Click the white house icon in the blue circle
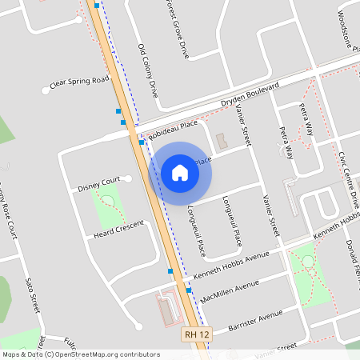[x=180, y=172]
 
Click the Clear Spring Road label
[x=78, y=82]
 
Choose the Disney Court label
[x=98, y=184]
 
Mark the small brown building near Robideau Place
[x=222, y=141]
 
